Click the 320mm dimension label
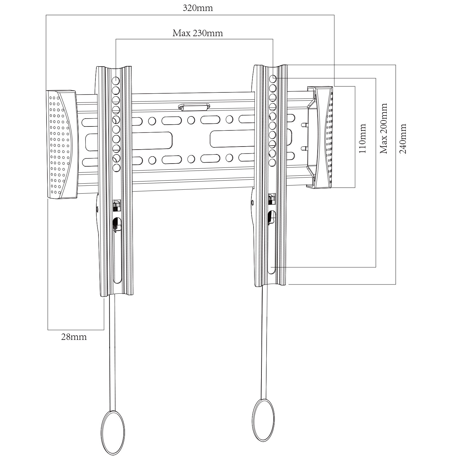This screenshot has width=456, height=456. click(x=198, y=8)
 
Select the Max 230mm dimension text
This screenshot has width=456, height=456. click(x=198, y=33)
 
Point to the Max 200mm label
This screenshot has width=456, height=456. click(x=384, y=128)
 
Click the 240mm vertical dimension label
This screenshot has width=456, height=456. click(x=403, y=138)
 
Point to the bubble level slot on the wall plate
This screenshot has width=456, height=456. click(x=194, y=107)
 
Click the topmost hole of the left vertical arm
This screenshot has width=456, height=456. click(x=116, y=81)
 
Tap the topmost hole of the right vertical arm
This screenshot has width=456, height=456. click(x=272, y=78)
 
